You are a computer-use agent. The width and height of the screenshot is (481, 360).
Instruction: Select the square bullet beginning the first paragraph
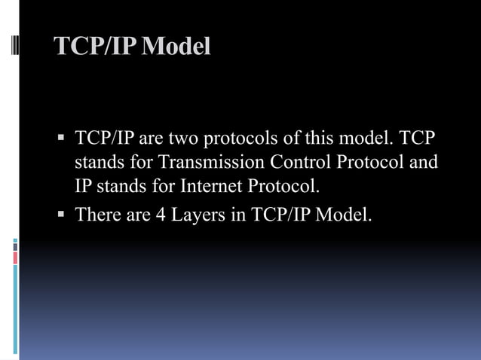coord(61,140)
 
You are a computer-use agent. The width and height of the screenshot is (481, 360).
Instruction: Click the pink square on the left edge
coord(15,258)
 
